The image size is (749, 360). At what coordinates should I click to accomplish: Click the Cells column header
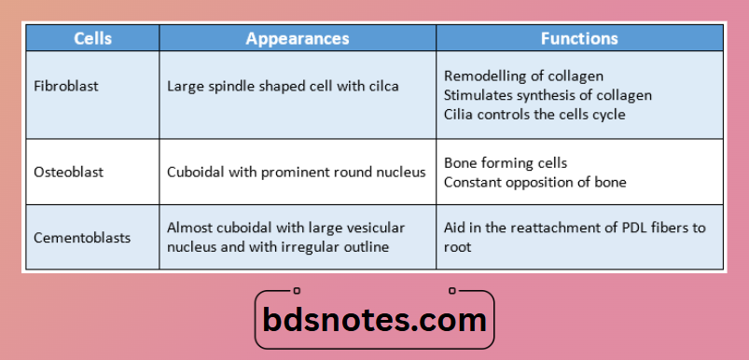point(92,38)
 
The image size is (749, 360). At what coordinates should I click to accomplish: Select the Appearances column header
point(298,38)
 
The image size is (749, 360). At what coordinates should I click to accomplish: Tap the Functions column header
point(579,38)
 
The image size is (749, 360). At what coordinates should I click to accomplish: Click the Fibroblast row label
point(65,86)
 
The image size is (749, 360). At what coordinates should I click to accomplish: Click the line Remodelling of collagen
point(523,76)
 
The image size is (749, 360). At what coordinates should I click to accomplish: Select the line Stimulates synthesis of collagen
point(548,95)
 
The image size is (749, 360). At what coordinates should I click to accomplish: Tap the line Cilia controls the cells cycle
point(534,115)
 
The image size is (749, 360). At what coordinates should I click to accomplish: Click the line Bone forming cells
point(506,162)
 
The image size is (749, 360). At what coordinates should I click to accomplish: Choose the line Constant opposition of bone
point(535,182)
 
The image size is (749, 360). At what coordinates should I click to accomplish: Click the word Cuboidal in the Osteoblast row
point(195,172)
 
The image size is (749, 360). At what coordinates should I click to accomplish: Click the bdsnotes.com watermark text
point(374,321)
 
